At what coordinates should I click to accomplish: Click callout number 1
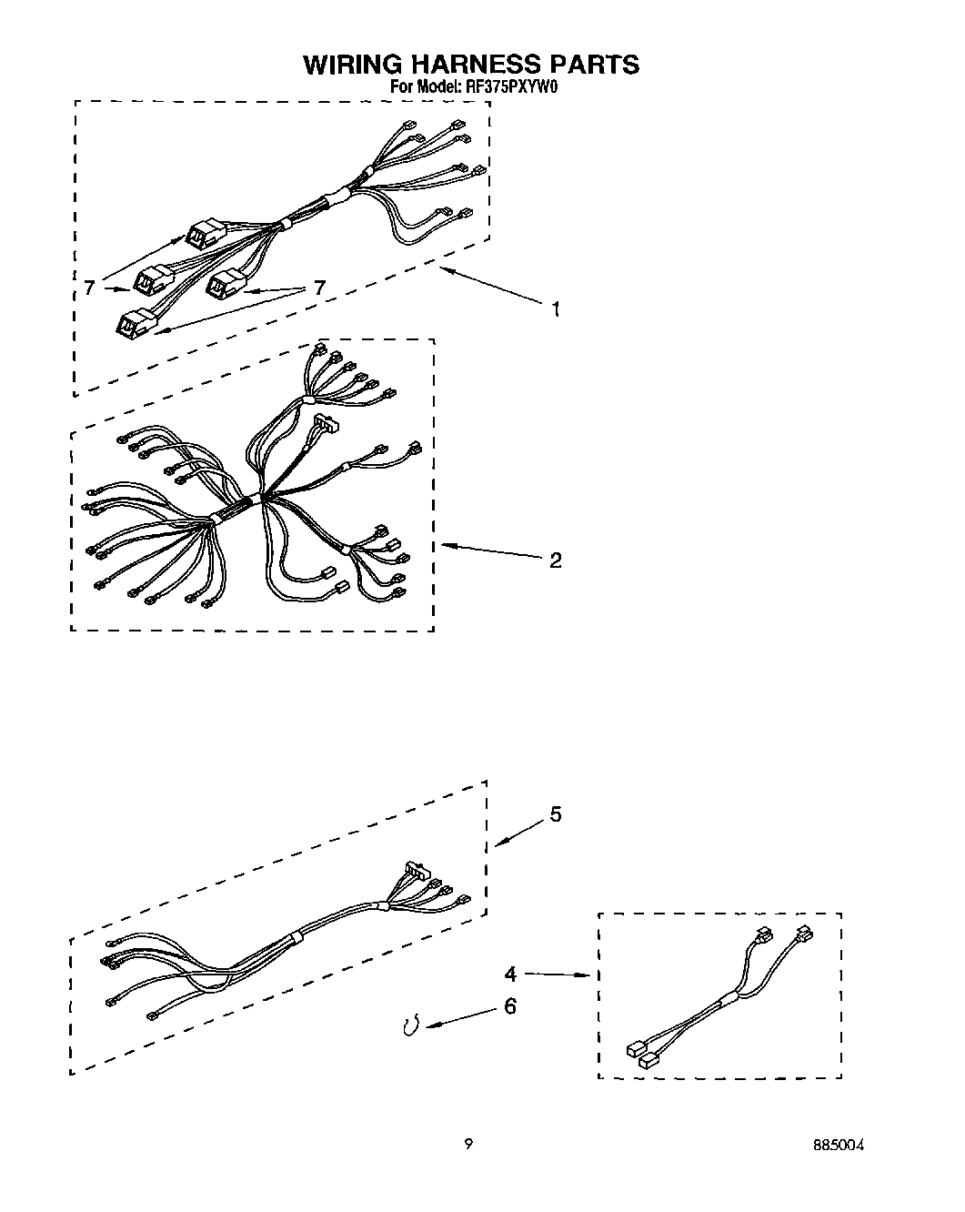tap(554, 309)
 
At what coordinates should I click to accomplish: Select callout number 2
tap(554, 559)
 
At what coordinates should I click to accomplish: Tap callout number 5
tap(554, 813)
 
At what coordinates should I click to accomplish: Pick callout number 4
tap(511, 975)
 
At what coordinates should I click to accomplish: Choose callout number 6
tap(509, 1006)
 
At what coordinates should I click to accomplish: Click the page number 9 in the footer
tap(467, 1145)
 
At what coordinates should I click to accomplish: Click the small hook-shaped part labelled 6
tap(410, 1026)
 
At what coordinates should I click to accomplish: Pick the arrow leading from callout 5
tap(518, 830)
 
